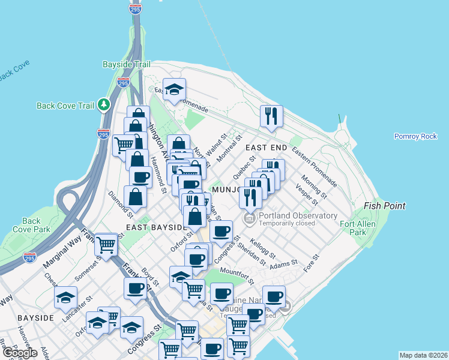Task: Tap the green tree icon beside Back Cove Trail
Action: (104, 105)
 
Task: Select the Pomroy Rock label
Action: (415, 136)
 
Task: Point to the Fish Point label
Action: (384, 206)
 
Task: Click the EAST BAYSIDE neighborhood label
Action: (156, 228)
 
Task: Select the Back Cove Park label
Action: (36, 225)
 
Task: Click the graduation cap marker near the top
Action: (174, 90)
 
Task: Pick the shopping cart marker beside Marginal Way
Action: (106, 245)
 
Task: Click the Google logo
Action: (20, 353)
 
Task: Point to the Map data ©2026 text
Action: (423, 355)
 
